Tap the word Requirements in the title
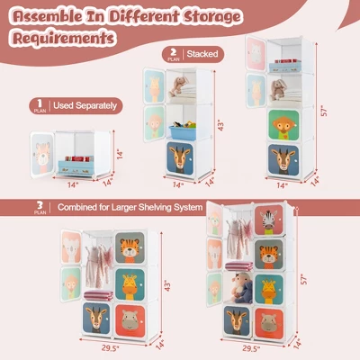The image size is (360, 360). click(63, 40)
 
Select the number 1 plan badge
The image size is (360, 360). click(39, 104)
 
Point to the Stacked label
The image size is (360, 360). click(203, 54)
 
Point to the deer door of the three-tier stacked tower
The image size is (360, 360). click(183, 160)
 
